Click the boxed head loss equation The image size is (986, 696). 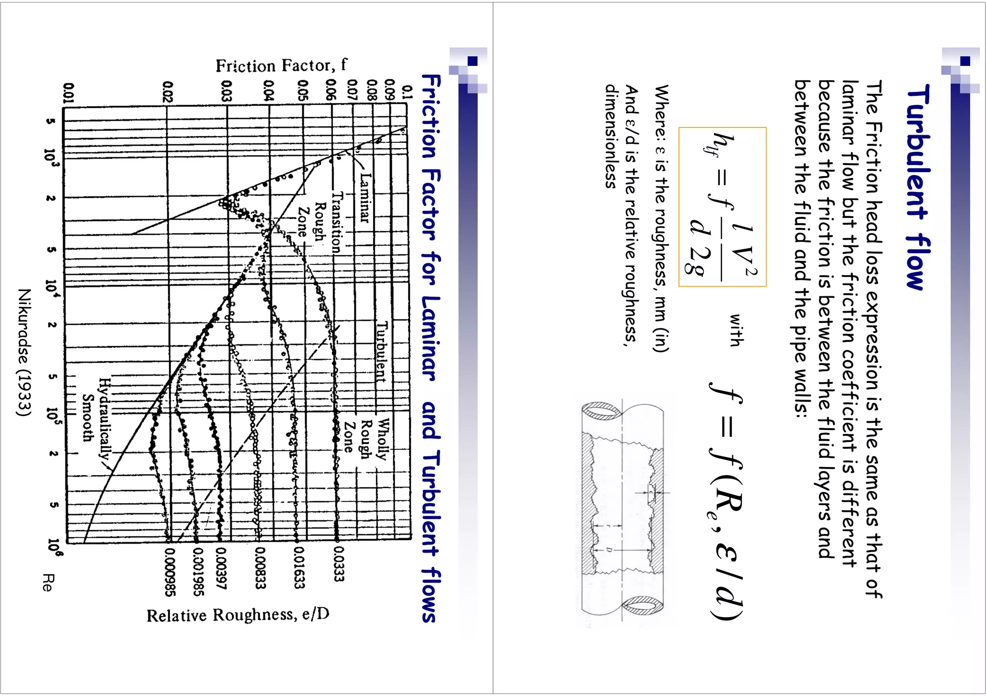coord(722,207)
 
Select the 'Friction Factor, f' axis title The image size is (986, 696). coord(281,65)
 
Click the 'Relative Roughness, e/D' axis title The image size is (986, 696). coord(238,615)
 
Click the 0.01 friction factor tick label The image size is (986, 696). coord(69,92)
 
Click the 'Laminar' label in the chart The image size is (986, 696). coord(364,198)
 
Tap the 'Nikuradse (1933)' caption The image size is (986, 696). coord(24,352)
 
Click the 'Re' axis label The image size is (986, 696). coord(47,582)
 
